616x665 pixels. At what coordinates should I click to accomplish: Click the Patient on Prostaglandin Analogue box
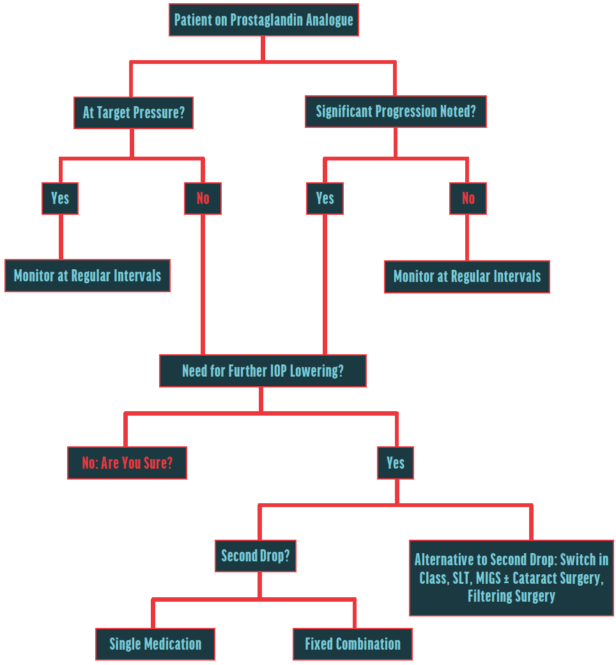click(263, 20)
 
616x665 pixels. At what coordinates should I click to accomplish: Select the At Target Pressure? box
click(134, 113)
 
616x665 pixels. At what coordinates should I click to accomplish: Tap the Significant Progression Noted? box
click(396, 111)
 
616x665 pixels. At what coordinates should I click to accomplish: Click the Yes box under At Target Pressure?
click(60, 198)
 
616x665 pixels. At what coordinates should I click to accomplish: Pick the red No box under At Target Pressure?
click(203, 198)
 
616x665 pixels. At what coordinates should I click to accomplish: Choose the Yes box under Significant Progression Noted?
click(325, 198)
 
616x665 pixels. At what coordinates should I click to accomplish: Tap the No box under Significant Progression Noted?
click(468, 198)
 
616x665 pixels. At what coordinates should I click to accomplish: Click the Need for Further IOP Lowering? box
click(263, 371)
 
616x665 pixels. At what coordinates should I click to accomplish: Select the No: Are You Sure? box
click(127, 463)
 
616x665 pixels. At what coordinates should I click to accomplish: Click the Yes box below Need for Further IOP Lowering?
click(396, 463)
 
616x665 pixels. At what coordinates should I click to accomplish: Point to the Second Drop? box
click(256, 556)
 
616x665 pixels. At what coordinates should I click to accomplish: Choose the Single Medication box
click(155, 644)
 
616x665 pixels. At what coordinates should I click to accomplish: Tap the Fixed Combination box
click(353, 644)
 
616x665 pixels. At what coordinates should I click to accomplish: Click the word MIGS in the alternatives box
click(491, 578)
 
